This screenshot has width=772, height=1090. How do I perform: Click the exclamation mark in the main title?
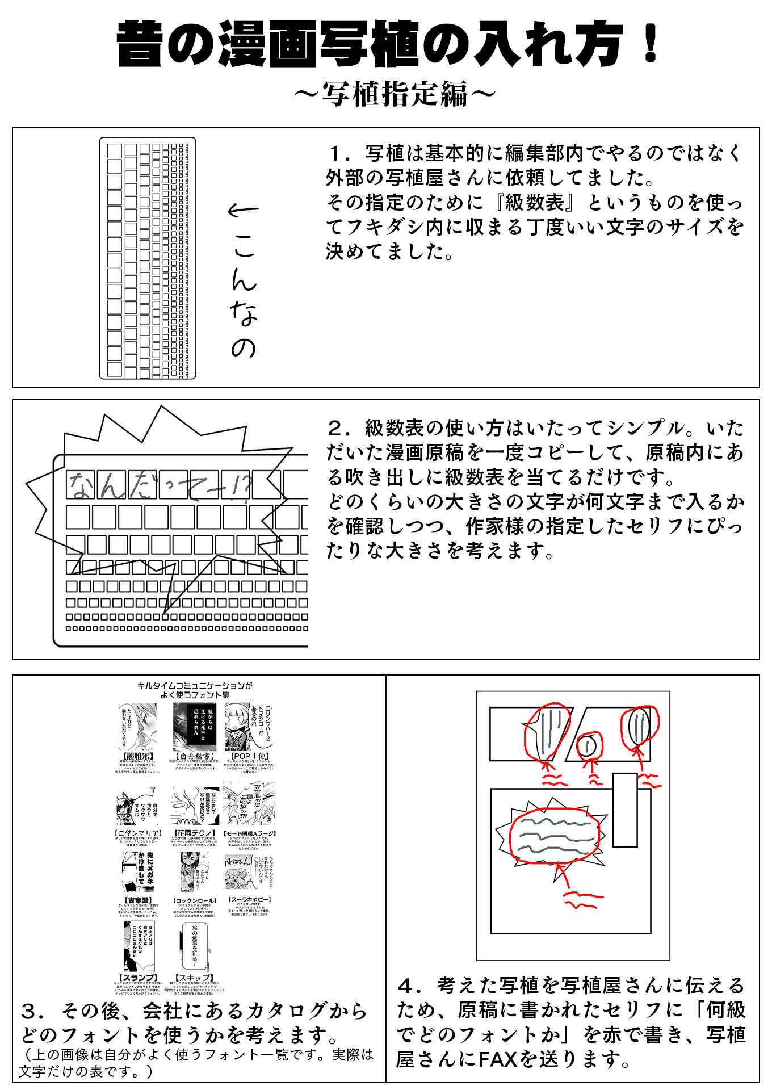click(x=651, y=43)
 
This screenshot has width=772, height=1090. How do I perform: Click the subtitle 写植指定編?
click(x=395, y=94)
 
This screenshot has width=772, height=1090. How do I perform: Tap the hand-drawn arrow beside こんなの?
click(x=243, y=211)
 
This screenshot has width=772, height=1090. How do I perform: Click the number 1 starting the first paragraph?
click(x=339, y=154)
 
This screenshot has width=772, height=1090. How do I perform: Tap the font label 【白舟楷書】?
click(x=195, y=756)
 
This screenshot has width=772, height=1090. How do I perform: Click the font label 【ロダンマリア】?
click(x=139, y=833)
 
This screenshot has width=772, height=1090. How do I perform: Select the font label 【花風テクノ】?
click(x=195, y=833)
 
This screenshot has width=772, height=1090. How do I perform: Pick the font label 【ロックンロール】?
click(x=195, y=900)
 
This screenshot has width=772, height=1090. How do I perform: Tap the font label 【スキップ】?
click(x=195, y=978)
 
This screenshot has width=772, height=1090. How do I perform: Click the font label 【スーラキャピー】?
click(x=250, y=899)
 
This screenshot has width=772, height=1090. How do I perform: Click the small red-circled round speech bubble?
click(x=589, y=745)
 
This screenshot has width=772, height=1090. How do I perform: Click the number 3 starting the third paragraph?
click(x=30, y=1011)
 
